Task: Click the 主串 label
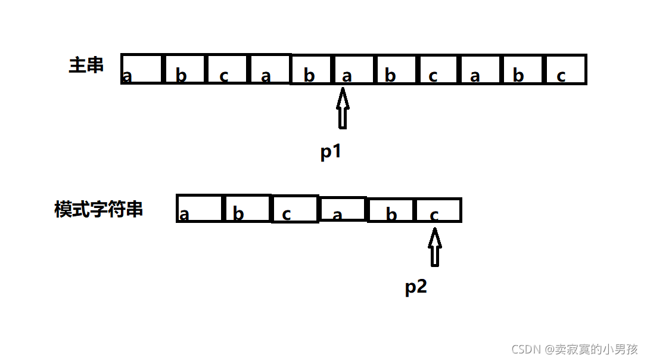pos(86,65)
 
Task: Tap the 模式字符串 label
pos(99,209)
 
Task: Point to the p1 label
pos(331,151)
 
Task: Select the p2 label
pos(416,287)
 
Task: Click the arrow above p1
pos(343,108)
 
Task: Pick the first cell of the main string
pos(142,69)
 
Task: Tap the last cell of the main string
pos(565,69)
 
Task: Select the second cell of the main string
pos(185,69)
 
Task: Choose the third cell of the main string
pos(226,69)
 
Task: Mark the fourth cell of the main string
pos(269,69)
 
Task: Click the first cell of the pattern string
pos(200,209)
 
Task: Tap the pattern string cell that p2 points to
pos(438,210)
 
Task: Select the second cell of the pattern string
pos(247,209)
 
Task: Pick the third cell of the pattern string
pos(295,209)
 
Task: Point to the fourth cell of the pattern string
pos(343,209)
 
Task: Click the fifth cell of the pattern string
pos(391,210)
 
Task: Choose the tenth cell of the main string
pos(522,69)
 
